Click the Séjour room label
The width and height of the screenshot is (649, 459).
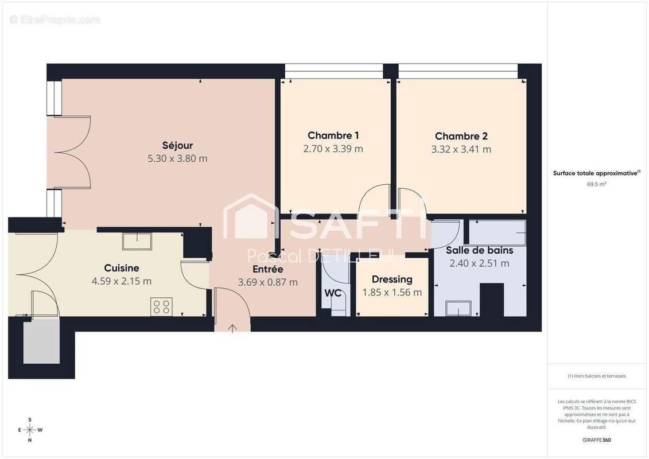[x=177, y=145]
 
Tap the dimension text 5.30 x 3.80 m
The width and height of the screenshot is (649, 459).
[x=177, y=158]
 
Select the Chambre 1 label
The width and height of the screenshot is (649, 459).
[x=333, y=135]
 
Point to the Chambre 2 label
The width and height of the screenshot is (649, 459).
[x=461, y=136]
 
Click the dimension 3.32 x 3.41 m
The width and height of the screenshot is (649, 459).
[x=461, y=149]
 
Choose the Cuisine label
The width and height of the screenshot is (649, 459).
[x=121, y=268]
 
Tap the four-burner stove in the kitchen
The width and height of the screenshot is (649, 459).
[x=161, y=306]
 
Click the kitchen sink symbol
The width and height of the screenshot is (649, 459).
[x=137, y=241]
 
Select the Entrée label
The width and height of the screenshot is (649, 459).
[x=267, y=269]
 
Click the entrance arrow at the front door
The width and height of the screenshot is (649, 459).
[x=233, y=328]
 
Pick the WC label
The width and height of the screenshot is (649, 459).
[x=333, y=293]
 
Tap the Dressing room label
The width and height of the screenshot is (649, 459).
[x=392, y=279]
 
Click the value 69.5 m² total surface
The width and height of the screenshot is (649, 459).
[x=597, y=184]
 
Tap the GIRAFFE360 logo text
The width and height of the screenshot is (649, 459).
[x=597, y=440]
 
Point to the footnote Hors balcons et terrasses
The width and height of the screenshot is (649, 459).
[x=597, y=376]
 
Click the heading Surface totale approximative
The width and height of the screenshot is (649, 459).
[x=596, y=173]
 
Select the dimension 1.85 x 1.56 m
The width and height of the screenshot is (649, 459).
[x=392, y=292]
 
